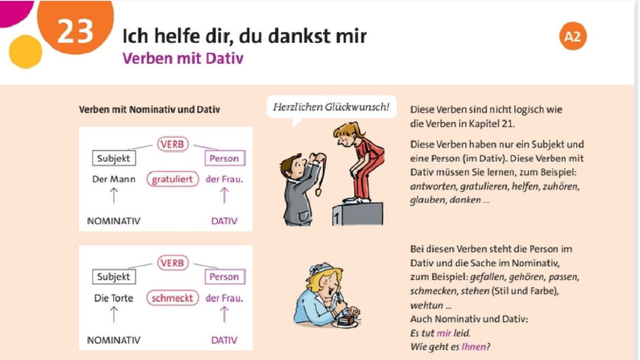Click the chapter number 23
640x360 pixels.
click(76, 31)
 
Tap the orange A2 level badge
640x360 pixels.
click(573, 36)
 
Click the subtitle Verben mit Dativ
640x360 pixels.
click(183, 58)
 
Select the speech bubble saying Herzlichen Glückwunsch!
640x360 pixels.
click(331, 108)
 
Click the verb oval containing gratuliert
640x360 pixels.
click(172, 179)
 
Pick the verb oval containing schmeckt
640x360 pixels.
click(172, 298)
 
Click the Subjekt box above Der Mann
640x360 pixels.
click(114, 158)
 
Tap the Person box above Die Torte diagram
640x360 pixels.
click(225, 277)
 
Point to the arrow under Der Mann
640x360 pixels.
click(114, 195)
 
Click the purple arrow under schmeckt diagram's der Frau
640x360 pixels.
click(224, 314)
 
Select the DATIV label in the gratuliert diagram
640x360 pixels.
click(224, 221)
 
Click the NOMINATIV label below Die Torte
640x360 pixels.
click(114, 340)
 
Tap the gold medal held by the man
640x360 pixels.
click(318, 191)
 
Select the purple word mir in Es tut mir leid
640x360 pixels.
click(444, 333)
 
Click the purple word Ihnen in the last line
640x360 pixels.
click(474, 347)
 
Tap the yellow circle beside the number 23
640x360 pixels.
click(26, 52)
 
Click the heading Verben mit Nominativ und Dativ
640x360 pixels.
click(149, 110)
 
